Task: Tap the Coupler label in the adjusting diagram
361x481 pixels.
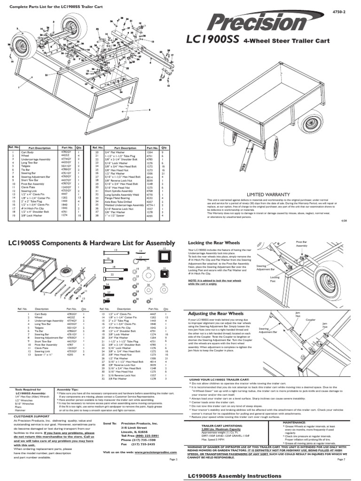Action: coord(311,320)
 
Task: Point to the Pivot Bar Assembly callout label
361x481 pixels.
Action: coord(301,243)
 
